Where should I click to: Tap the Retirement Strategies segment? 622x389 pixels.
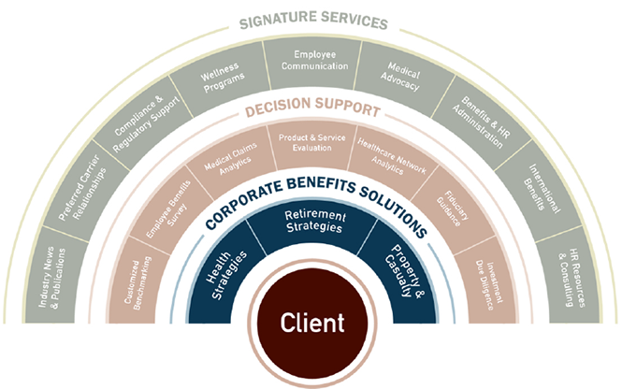pos(310,223)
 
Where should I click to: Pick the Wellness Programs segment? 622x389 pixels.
pos(222,79)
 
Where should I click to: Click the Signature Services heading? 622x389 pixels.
pos(311,20)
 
